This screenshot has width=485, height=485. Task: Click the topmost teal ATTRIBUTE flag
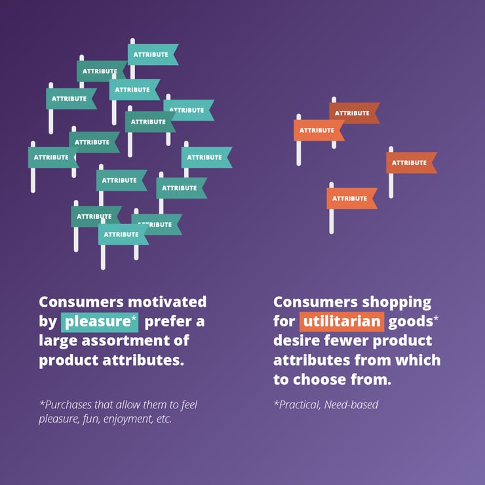[x=151, y=54]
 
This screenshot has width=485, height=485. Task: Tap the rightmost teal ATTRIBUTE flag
[x=204, y=157]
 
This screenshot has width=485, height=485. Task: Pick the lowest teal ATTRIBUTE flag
[x=122, y=234]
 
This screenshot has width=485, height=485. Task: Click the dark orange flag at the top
[x=353, y=113]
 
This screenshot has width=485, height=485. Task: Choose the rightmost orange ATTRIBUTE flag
[x=410, y=163]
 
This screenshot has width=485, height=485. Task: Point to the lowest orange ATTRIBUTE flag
[x=350, y=199]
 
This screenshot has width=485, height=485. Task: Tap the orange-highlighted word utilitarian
[x=341, y=322]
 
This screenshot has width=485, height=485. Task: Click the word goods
[x=410, y=322]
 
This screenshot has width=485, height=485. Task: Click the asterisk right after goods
[x=435, y=318]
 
